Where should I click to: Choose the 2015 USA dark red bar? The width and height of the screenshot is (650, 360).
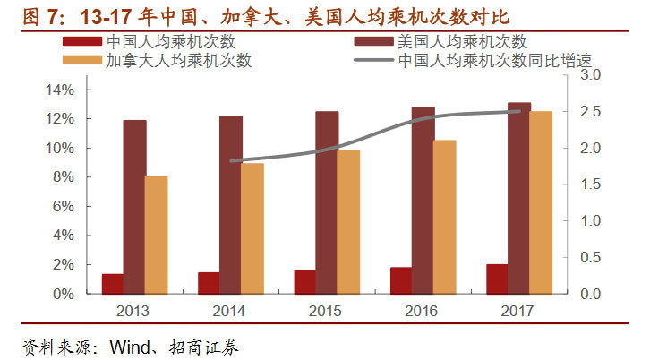(x=327, y=202)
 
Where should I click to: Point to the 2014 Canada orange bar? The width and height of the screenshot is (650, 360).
(x=252, y=228)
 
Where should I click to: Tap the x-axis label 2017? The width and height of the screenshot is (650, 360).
(x=517, y=311)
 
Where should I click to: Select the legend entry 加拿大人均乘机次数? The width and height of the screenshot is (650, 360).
(x=178, y=60)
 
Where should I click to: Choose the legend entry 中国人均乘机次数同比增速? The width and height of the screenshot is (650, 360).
(x=494, y=60)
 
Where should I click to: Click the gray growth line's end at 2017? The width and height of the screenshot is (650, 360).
(x=518, y=112)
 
